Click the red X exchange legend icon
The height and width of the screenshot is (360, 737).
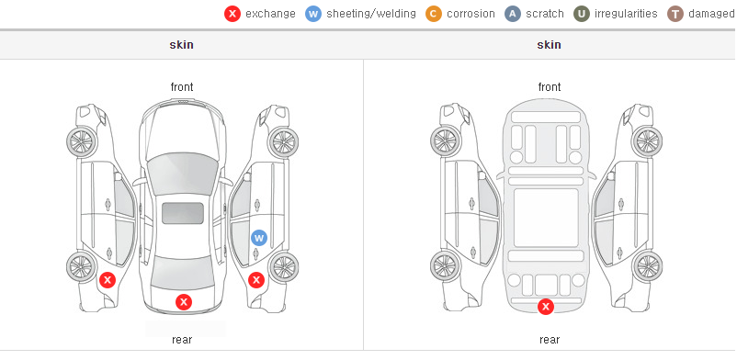pyautogui.click(x=232, y=14)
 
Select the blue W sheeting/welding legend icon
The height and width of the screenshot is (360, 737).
pyautogui.click(x=313, y=14)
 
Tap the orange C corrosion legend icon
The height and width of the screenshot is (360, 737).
pyautogui.click(x=434, y=14)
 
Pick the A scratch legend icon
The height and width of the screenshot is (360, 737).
pyautogui.click(x=513, y=14)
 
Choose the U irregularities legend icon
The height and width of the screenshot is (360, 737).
pyautogui.click(x=582, y=14)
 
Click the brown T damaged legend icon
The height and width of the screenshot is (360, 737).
pyautogui.click(x=675, y=14)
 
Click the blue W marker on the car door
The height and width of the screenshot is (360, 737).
pyautogui.click(x=259, y=237)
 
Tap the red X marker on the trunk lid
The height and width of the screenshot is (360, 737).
pyautogui.click(x=184, y=302)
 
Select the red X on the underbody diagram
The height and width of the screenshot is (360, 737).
pyautogui.click(x=546, y=307)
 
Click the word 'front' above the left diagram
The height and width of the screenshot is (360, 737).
pyautogui.click(x=182, y=87)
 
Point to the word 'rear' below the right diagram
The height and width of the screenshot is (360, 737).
pyautogui.click(x=550, y=340)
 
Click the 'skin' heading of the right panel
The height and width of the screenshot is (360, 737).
pyautogui.click(x=549, y=45)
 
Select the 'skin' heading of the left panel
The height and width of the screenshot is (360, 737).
pyautogui.click(x=181, y=45)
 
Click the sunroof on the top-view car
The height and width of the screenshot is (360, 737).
pyautogui.click(x=183, y=213)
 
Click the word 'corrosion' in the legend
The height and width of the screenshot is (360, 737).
pyautogui.click(x=471, y=14)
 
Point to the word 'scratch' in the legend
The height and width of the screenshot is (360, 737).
pyautogui.click(x=545, y=14)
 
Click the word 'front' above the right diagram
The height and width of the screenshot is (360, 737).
pyautogui.click(x=550, y=87)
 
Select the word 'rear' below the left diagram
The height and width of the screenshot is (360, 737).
pyautogui.click(x=182, y=340)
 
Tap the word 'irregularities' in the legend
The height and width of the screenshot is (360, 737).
pyautogui.click(x=626, y=14)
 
